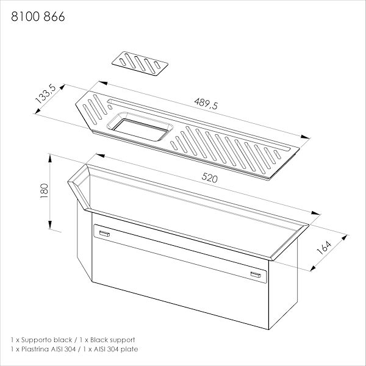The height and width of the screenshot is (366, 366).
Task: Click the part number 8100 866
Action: point(38,16)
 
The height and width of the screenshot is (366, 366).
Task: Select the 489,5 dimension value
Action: point(206,104)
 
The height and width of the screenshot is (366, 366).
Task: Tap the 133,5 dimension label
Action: point(46,94)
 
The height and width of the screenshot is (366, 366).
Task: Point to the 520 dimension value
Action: point(210,178)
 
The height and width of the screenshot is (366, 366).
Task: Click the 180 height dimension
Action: point(44,191)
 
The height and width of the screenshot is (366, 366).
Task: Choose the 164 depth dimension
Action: point(324,248)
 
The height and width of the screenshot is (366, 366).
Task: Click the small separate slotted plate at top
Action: point(140,63)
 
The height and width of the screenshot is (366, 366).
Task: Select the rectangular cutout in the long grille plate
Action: point(140,129)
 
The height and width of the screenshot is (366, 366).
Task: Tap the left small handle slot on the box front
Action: point(104,234)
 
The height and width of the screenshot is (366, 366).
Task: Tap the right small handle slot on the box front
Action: point(256,274)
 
